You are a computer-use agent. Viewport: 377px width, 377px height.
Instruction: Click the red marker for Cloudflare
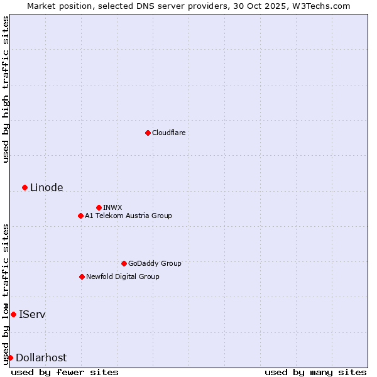pyautogui.click(x=148, y=133)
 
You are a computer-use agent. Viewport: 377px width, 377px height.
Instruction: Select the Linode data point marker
pyautogui.click(x=25, y=187)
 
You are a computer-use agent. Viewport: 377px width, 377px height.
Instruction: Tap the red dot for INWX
pyautogui.click(x=99, y=207)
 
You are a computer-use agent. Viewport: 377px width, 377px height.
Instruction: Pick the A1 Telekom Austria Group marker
pyautogui.click(x=80, y=216)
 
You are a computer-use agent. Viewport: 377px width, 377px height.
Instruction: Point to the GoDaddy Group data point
pyautogui.click(x=124, y=263)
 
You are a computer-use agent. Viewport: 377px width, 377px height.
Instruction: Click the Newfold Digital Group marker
pyautogui.click(x=82, y=276)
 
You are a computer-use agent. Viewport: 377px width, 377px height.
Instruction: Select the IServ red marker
pyautogui.click(x=13, y=314)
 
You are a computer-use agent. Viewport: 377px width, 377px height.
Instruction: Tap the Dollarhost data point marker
pyautogui.click(x=10, y=358)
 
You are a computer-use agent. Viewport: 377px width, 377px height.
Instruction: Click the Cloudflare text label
pyautogui.click(x=168, y=133)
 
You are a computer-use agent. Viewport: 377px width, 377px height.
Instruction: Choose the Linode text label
pyautogui.click(x=46, y=187)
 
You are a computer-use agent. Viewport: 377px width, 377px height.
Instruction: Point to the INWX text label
pyautogui.click(x=112, y=207)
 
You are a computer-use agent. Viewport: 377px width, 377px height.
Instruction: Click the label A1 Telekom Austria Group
pyautogui.click(x=128, y=216)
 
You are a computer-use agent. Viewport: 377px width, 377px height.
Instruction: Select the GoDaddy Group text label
pyautogui.click(x=155, y=263)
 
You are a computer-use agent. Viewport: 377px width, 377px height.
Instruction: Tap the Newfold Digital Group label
pyautogui.click(x=123, y=276)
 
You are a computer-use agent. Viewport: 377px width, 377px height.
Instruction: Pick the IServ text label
pyautogui.click(x=32, y=314)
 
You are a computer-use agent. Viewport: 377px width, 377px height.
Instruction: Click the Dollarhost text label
pyautogui.click(x=41, y=358)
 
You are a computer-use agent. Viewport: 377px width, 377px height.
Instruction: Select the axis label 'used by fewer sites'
pyautogui.click(x=65, y=372)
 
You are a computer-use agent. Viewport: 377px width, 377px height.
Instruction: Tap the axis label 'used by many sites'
pyautogui.click(x=315, y=372)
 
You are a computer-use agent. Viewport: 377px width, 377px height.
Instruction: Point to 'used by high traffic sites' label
pyautogui.click(x=6, y=89)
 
